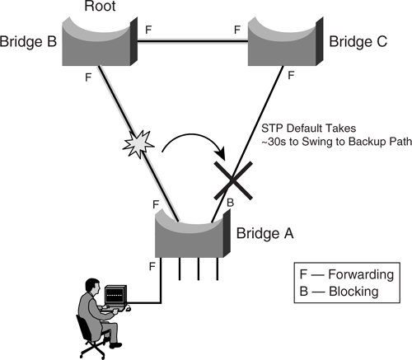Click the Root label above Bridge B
tap(100, 6)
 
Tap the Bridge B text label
tap(28, 41)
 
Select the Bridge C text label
tap(358, 41)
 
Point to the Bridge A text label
tap(265, 233)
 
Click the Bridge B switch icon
tap(100, 41)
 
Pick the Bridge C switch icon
tap(285, 41)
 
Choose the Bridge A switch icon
tap(193, 233)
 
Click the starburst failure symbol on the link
tap(138, 143)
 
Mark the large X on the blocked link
tap(233, 180)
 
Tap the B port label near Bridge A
tap(230, 203)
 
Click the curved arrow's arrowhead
tap(222, 154)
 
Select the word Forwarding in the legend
tap(361, 274)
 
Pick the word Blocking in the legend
tap(353, 291)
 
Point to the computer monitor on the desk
tap(116, 296)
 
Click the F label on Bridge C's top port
tap(237, 30)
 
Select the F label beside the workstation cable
tap(152, 266)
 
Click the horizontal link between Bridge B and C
tap(193, 41)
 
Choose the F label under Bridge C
tap(291, 75)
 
